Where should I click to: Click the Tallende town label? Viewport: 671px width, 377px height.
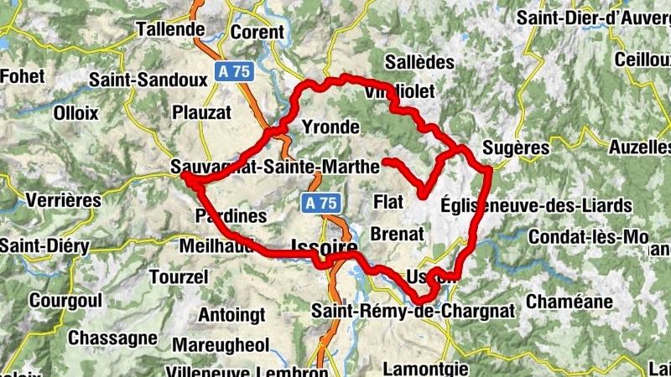170,29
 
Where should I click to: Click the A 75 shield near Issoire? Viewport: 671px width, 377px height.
320,203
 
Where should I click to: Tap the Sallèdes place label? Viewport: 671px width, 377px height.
419,62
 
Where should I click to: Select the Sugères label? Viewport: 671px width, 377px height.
516,148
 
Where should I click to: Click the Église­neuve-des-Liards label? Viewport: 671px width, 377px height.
535,205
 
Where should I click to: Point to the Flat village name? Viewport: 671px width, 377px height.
388,202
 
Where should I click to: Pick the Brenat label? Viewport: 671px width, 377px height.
397,234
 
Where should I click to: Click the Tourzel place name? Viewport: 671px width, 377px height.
177,276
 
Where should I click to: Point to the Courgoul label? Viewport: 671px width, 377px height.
65,300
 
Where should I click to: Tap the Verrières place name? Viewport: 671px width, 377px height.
64,200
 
